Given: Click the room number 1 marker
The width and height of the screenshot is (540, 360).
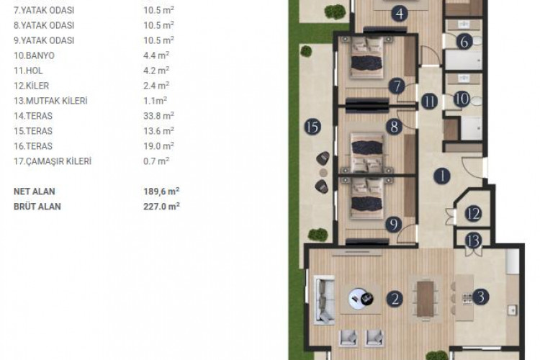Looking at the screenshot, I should tap(440, 174).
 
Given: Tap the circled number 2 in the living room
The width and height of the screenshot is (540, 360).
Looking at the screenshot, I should tap(394, 296).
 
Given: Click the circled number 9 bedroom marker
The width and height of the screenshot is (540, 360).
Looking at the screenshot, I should tap(394, 223).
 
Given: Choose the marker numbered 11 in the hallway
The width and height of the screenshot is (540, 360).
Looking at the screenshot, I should tap(430, 102).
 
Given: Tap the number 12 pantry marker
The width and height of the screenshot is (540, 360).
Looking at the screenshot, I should tap(472, 214).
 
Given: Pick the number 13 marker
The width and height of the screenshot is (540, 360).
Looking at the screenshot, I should tap(472, 240).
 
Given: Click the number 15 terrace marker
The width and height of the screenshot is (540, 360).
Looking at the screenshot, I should tap(312, 127).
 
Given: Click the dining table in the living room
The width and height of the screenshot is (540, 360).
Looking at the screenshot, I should tap(427, 297).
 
